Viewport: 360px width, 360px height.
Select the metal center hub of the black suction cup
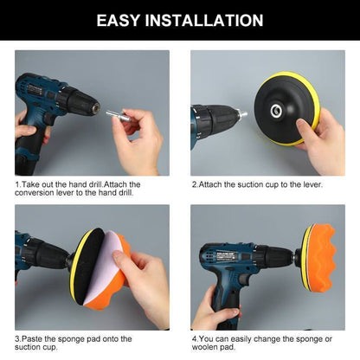(276, 108)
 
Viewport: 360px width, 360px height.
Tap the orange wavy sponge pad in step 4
(325, 256)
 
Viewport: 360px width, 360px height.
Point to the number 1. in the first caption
(19, 184)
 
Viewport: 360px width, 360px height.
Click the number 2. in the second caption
(195, 184)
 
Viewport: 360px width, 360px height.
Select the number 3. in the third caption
(19, 337)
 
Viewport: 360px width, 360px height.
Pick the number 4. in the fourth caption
(195, 337)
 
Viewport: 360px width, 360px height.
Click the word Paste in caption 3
(36, 337)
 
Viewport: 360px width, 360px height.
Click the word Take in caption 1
(35, 184)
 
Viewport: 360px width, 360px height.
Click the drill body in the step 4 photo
(238, 260)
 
